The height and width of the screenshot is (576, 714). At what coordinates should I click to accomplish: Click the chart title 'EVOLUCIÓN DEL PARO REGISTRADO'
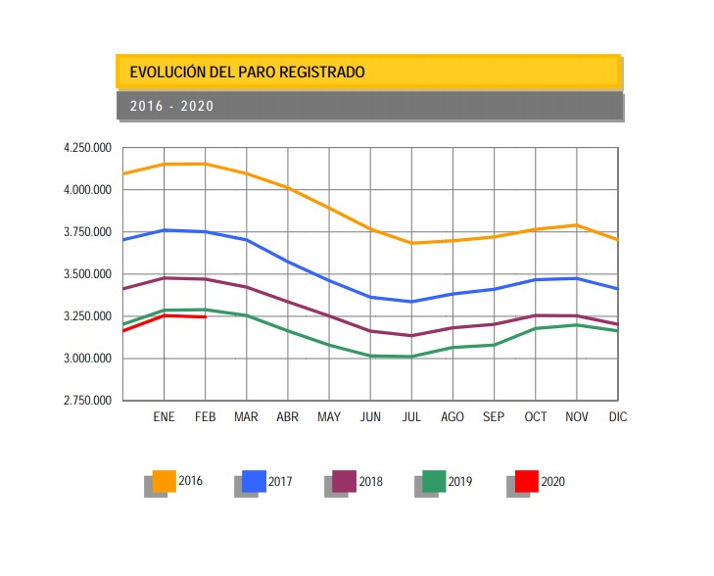pyautogui.click(x=247, y=72)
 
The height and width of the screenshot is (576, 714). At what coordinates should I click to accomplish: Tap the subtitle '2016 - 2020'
pyautogui.click(x=171, y=106)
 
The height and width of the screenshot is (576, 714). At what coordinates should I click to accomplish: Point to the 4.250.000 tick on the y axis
pyautogui.click(x=86, y=148)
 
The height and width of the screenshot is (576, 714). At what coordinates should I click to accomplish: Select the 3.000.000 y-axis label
pyautogui.click(x=86, y=359)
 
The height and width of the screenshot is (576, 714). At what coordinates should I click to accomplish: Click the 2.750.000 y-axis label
pyautogui.click(x=86, y=401)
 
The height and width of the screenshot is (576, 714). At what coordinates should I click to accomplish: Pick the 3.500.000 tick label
pyautogui.click(x=86, y=274)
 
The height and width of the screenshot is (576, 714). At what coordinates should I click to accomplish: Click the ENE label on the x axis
pyautogui.click(x=164, y=417)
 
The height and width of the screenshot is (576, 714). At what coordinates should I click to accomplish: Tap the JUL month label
pyautogui.click(x=411, y=417)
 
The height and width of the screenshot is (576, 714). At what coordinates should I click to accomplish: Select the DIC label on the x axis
pyautogui.click(x=617, y=417)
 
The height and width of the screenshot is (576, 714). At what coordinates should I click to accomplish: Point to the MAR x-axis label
pyautogui.click(x=246, y=417)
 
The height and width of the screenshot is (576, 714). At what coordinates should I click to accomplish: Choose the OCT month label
pyautogui.click(x=535, y=417)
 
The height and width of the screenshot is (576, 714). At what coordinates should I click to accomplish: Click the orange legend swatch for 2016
pyautogui.click(x=165, y=481)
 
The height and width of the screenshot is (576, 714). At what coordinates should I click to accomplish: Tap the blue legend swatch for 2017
pyautogui.click(x=255, y=481)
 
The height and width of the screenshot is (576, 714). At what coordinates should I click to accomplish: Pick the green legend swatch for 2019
pyautogui.click(x=435, y=481)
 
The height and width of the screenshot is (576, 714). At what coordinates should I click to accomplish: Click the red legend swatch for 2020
pyautogui.click(x=526, y=481)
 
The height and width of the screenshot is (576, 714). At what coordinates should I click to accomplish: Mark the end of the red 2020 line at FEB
pyautogui.click(x=205, y=316)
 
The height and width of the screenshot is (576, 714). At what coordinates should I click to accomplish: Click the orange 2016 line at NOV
pyautogui.click(x=577, y=225)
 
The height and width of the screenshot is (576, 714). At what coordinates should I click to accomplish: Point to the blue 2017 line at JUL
pyautogui.click(x=411, y=302)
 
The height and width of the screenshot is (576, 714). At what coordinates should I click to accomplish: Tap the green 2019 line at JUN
pyautogui.click(x=370, y=356)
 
